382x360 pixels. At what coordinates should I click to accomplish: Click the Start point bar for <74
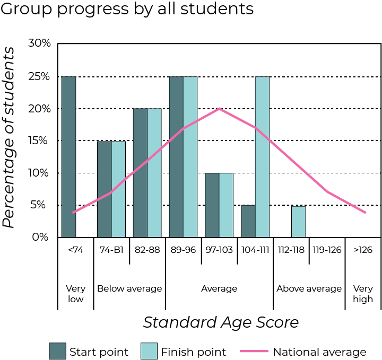(68, 157)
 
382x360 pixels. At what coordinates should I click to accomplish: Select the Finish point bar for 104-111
(262, 157)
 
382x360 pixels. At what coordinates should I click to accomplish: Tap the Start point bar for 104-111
(248, 221)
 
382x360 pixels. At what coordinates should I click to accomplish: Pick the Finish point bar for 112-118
(298, 222)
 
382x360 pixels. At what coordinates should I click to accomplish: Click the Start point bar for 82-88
(140, 173)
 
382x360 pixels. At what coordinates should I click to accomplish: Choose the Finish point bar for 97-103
(226, 205)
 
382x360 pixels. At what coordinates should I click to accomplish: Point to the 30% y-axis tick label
(39, 43)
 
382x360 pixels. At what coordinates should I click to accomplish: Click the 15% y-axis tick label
(39, 141)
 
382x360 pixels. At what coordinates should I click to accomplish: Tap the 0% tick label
(41, 237)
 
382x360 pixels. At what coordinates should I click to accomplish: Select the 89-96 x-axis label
(183, 250)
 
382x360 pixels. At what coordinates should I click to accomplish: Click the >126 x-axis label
(363, 250)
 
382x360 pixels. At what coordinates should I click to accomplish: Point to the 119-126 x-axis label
(327, 250)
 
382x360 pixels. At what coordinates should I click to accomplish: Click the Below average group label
(129, 289)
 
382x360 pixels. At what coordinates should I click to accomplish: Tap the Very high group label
(363, 294)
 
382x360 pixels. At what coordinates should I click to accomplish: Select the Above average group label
(309, 289)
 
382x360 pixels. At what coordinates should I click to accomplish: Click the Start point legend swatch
(57, 351)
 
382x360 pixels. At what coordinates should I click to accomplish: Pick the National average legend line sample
(254, 351)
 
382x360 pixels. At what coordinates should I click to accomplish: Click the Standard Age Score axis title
(221, 322)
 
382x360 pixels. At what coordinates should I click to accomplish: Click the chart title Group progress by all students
(127, 10)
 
